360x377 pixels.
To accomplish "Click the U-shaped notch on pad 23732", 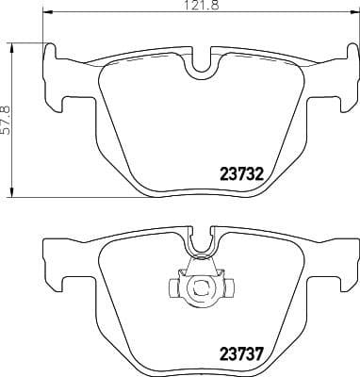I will pyautogui.click(x=199, y=63).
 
